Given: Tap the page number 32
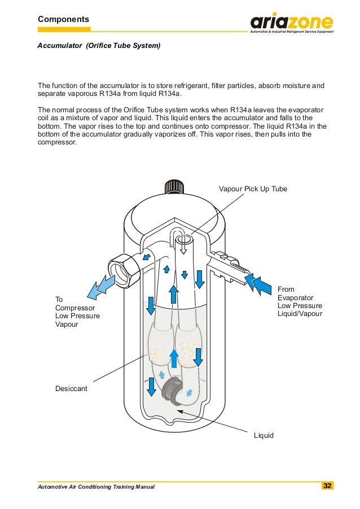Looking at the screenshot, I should (327, 486).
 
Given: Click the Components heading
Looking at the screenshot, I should (63, 19).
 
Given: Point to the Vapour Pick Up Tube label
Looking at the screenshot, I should (253, 188).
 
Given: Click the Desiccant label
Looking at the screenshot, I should (71, 389).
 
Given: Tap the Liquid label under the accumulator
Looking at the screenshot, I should (264, 435).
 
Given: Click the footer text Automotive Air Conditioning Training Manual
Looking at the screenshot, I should (96, 486).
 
